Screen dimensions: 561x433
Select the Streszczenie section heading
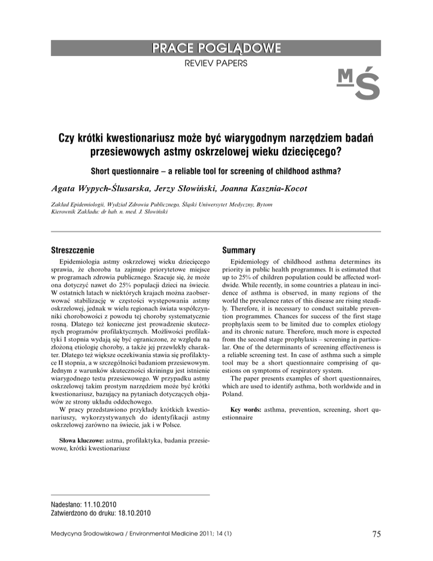click(78, 249)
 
